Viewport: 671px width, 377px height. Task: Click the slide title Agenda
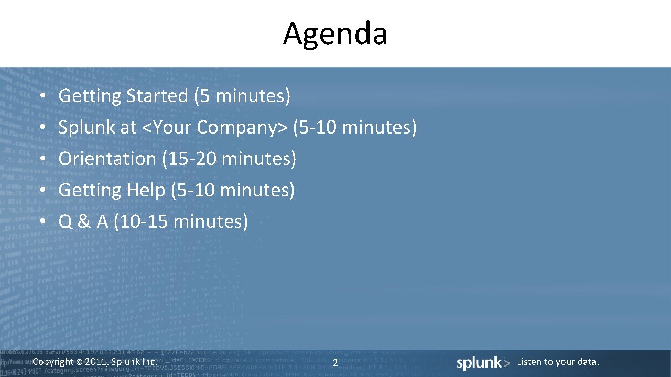point(335,34)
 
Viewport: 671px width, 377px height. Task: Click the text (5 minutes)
point(242,96)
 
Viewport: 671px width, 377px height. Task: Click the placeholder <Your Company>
point(215,128)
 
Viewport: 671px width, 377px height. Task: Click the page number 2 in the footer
point(335,363)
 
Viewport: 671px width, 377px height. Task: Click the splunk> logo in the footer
point(483,363)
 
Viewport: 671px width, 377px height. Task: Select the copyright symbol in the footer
point(79,362)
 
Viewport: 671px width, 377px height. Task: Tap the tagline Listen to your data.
point(558,362)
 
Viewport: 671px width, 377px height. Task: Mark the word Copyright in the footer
point(53,362)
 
